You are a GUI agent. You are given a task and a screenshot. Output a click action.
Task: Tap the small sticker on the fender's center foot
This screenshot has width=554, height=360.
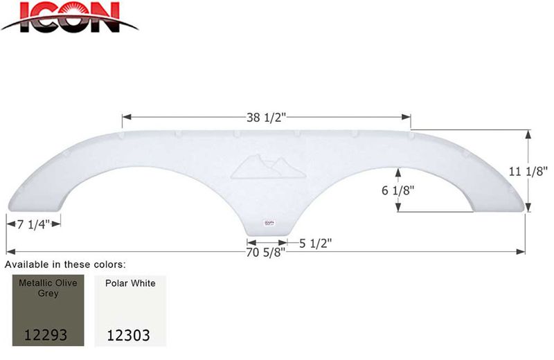click(267, 223)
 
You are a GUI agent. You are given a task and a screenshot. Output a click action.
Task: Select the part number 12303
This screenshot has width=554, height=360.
click(129, 335)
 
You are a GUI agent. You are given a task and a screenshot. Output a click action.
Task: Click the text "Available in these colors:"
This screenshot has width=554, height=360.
click(66, 264)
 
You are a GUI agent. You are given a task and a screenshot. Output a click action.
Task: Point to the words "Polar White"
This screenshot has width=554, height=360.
click(130, 283)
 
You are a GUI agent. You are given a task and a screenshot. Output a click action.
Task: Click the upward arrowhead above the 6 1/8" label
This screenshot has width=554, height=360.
click(398, 170)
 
